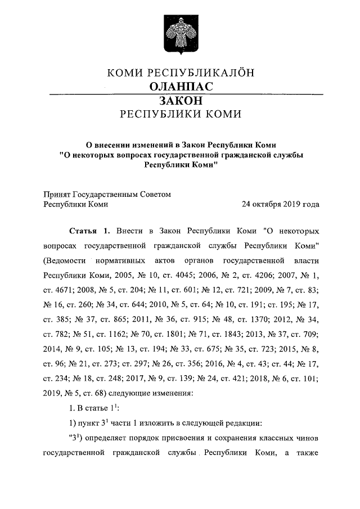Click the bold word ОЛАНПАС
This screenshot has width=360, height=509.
point(181,86)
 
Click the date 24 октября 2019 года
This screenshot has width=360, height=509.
point(280,205)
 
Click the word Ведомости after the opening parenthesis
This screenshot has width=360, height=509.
point(66,261)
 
